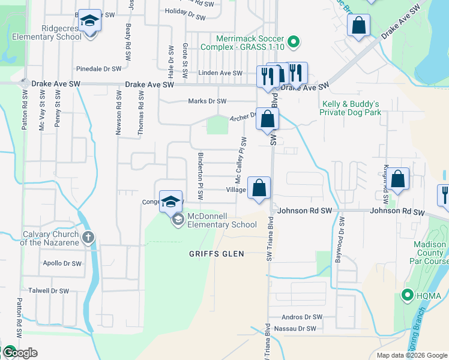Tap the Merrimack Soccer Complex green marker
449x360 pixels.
click(294, 42)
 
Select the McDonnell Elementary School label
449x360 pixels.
click(222, 220)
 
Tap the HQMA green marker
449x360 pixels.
click(406, 295)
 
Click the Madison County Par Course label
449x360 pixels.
click(429, 253)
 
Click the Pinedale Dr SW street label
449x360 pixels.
click(100, 69)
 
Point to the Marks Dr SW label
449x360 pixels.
click(207, 101)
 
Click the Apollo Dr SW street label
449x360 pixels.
click(62, 263)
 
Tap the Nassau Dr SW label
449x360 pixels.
click(295, 329)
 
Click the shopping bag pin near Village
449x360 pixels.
click(259, 188)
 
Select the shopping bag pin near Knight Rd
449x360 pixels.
click(397, 179)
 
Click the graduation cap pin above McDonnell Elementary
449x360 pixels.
click(171, 201)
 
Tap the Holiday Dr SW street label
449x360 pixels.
click(188, 11)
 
